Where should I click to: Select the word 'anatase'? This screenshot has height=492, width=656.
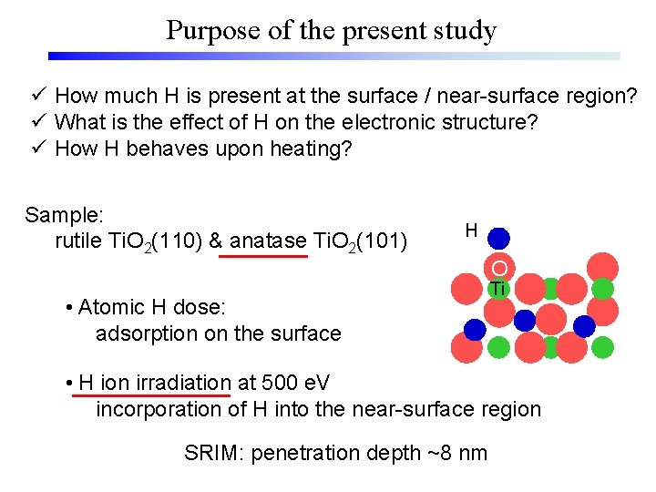(x=269, y=241)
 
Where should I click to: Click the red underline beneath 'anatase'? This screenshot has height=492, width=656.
(x=264, y=257)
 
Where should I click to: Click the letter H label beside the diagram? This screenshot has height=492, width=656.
(x=471, y=231)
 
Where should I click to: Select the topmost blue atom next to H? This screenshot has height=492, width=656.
(x=499, y=239)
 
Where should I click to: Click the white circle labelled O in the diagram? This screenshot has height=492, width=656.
(x=499, y=268)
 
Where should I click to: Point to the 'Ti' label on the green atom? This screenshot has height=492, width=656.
(x=497, y=289)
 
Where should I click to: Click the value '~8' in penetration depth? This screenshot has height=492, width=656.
(x=446, y=453)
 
